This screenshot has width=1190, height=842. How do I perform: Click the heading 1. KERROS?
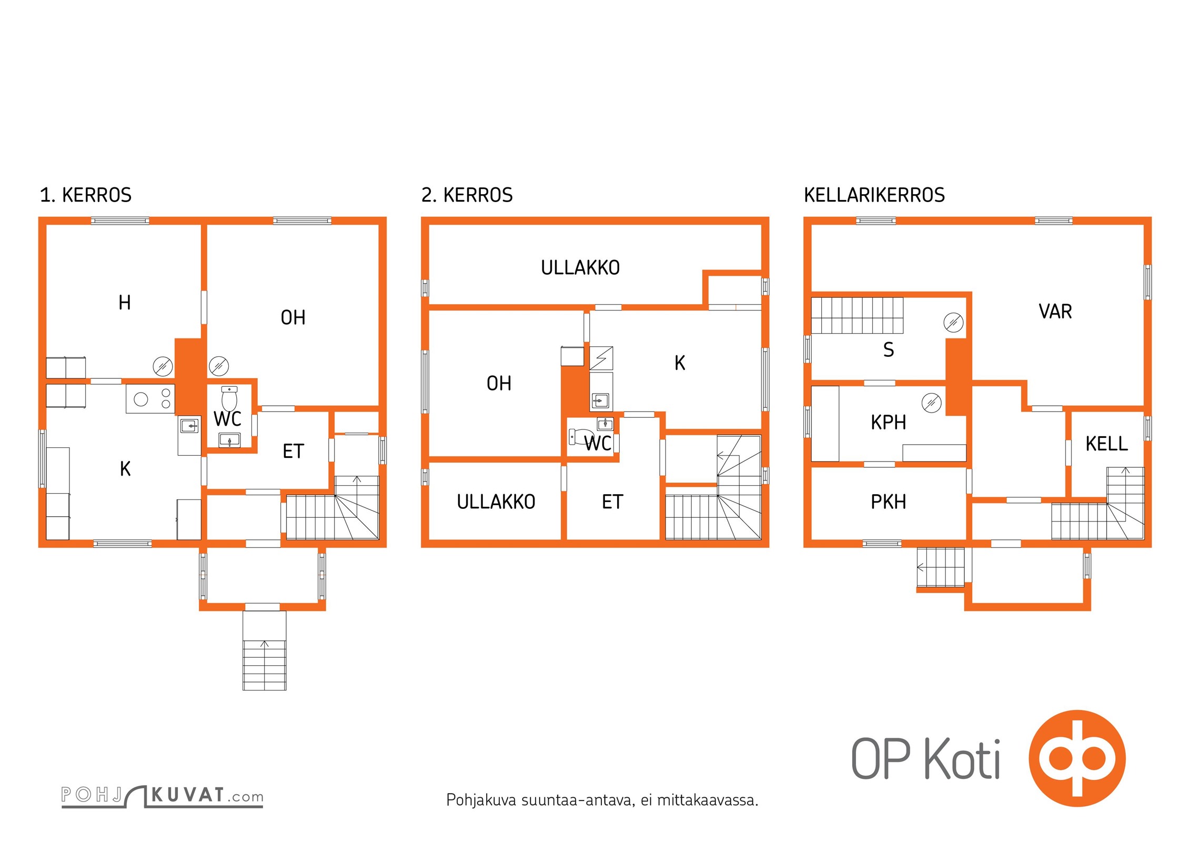[86, 195]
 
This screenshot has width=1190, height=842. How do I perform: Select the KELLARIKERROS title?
[874, 195]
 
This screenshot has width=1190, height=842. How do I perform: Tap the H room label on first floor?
[125, 303]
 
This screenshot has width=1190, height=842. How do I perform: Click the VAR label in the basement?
[1055, 312]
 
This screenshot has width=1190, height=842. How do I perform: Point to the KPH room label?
[889, 423]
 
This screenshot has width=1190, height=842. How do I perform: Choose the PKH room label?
[889, 502]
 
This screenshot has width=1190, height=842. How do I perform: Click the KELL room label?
[1107, 444]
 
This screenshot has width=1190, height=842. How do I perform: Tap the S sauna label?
[889, 349]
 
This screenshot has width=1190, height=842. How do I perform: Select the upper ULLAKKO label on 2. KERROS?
[580, 268]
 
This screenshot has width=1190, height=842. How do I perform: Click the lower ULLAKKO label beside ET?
[496, 502]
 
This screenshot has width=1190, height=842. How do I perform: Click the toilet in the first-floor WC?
[229, 398]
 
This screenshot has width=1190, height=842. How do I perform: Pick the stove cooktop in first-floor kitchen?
[150, 399]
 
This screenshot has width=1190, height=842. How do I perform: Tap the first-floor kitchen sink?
[189, 425]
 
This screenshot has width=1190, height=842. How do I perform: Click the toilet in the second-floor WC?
[581, 437]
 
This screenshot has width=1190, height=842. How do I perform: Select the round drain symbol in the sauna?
[953, 322]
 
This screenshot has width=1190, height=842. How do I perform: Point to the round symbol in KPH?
[931, 403]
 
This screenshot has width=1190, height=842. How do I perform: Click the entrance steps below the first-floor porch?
[265, 650]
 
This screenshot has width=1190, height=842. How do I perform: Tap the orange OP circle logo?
[1077, 758]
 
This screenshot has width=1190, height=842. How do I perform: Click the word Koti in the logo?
[962, 758]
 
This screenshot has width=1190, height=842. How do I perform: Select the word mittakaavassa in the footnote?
[708, 800]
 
